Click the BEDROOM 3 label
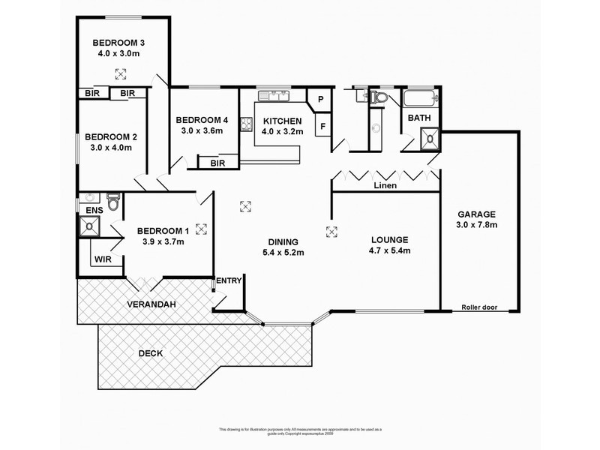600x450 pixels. [118, 42]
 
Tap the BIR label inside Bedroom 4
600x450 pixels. [218, 163]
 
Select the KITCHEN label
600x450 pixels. [282, 121]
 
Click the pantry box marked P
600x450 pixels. [319, 99]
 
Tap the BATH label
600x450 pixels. [418, 118]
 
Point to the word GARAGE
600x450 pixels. [475, 213]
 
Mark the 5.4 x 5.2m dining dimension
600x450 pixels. [283, 253]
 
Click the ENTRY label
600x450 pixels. [229, 281]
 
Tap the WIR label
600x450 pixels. [103, 260]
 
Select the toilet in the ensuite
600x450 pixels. [113, 202]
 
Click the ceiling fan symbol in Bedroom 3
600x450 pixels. [120, 73]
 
